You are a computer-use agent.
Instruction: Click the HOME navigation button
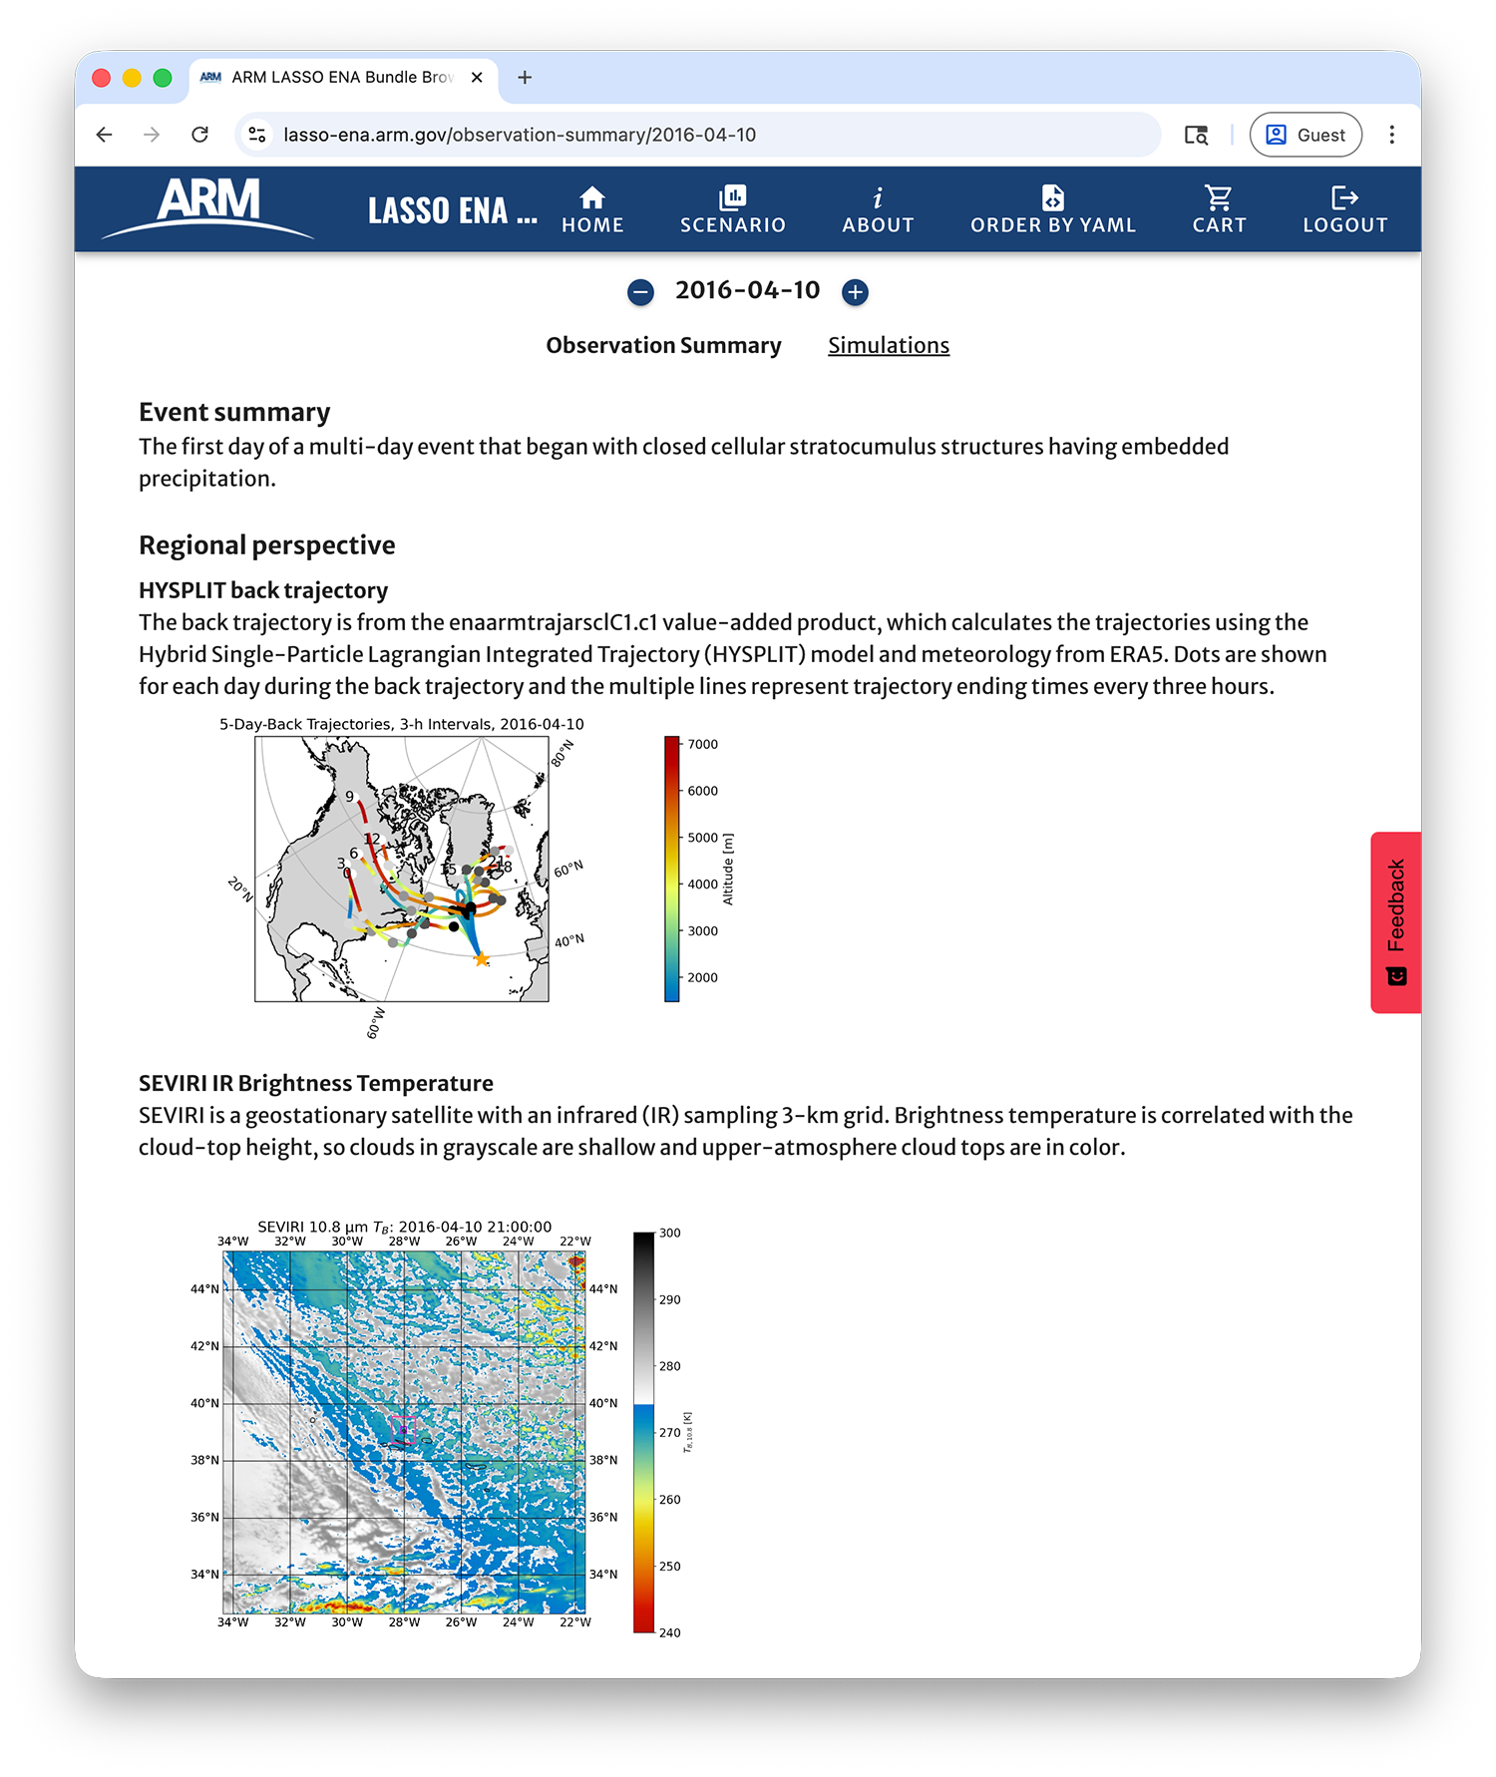click(592, 210)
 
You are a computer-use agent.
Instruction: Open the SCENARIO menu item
click(733, 210)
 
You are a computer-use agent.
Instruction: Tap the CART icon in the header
click(1219, 210)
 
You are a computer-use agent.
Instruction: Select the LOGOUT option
click(1344, 210)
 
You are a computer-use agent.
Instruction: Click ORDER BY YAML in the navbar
click(1053, 210)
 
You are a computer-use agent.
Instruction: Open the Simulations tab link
click(888, 345)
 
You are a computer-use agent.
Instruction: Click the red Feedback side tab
click(1395, 921)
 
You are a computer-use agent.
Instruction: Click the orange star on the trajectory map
click(482, 959)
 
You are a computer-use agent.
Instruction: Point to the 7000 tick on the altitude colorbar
click(702, 744)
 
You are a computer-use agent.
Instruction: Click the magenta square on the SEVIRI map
click(403, 1428)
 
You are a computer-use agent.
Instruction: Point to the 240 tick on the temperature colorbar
click(669, 1632)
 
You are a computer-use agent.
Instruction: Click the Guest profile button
click(1306, 135)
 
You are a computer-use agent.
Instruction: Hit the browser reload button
click(200, 135)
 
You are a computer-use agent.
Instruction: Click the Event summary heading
click(234, 412)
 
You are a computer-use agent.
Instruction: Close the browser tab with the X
click(477, 77)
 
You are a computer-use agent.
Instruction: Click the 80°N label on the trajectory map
click(562, 753)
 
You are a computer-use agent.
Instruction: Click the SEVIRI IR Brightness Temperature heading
click(315, 1083)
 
